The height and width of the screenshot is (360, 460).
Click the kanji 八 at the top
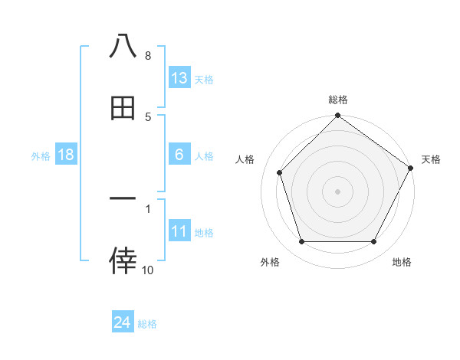123,46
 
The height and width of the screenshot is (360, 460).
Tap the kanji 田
123,109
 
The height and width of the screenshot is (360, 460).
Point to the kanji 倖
123,261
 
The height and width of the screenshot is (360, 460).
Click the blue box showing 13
179,78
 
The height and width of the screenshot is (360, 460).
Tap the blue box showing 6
179,155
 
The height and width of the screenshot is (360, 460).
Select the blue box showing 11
179,231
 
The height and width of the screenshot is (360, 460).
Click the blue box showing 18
66,155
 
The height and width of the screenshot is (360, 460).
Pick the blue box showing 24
123,322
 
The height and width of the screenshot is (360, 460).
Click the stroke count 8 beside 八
148,56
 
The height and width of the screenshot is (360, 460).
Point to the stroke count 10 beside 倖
148,270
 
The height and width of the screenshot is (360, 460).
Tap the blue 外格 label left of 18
41,155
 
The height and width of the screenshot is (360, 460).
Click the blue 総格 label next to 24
147,324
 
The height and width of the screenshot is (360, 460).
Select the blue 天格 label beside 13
204,79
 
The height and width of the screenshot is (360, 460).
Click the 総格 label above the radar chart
338,100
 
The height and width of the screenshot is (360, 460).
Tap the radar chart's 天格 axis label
431,159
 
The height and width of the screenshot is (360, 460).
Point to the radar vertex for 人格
280,172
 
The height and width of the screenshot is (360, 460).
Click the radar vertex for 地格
374,242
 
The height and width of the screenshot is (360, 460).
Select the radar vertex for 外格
301,242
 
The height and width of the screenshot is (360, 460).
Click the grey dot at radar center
338,191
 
